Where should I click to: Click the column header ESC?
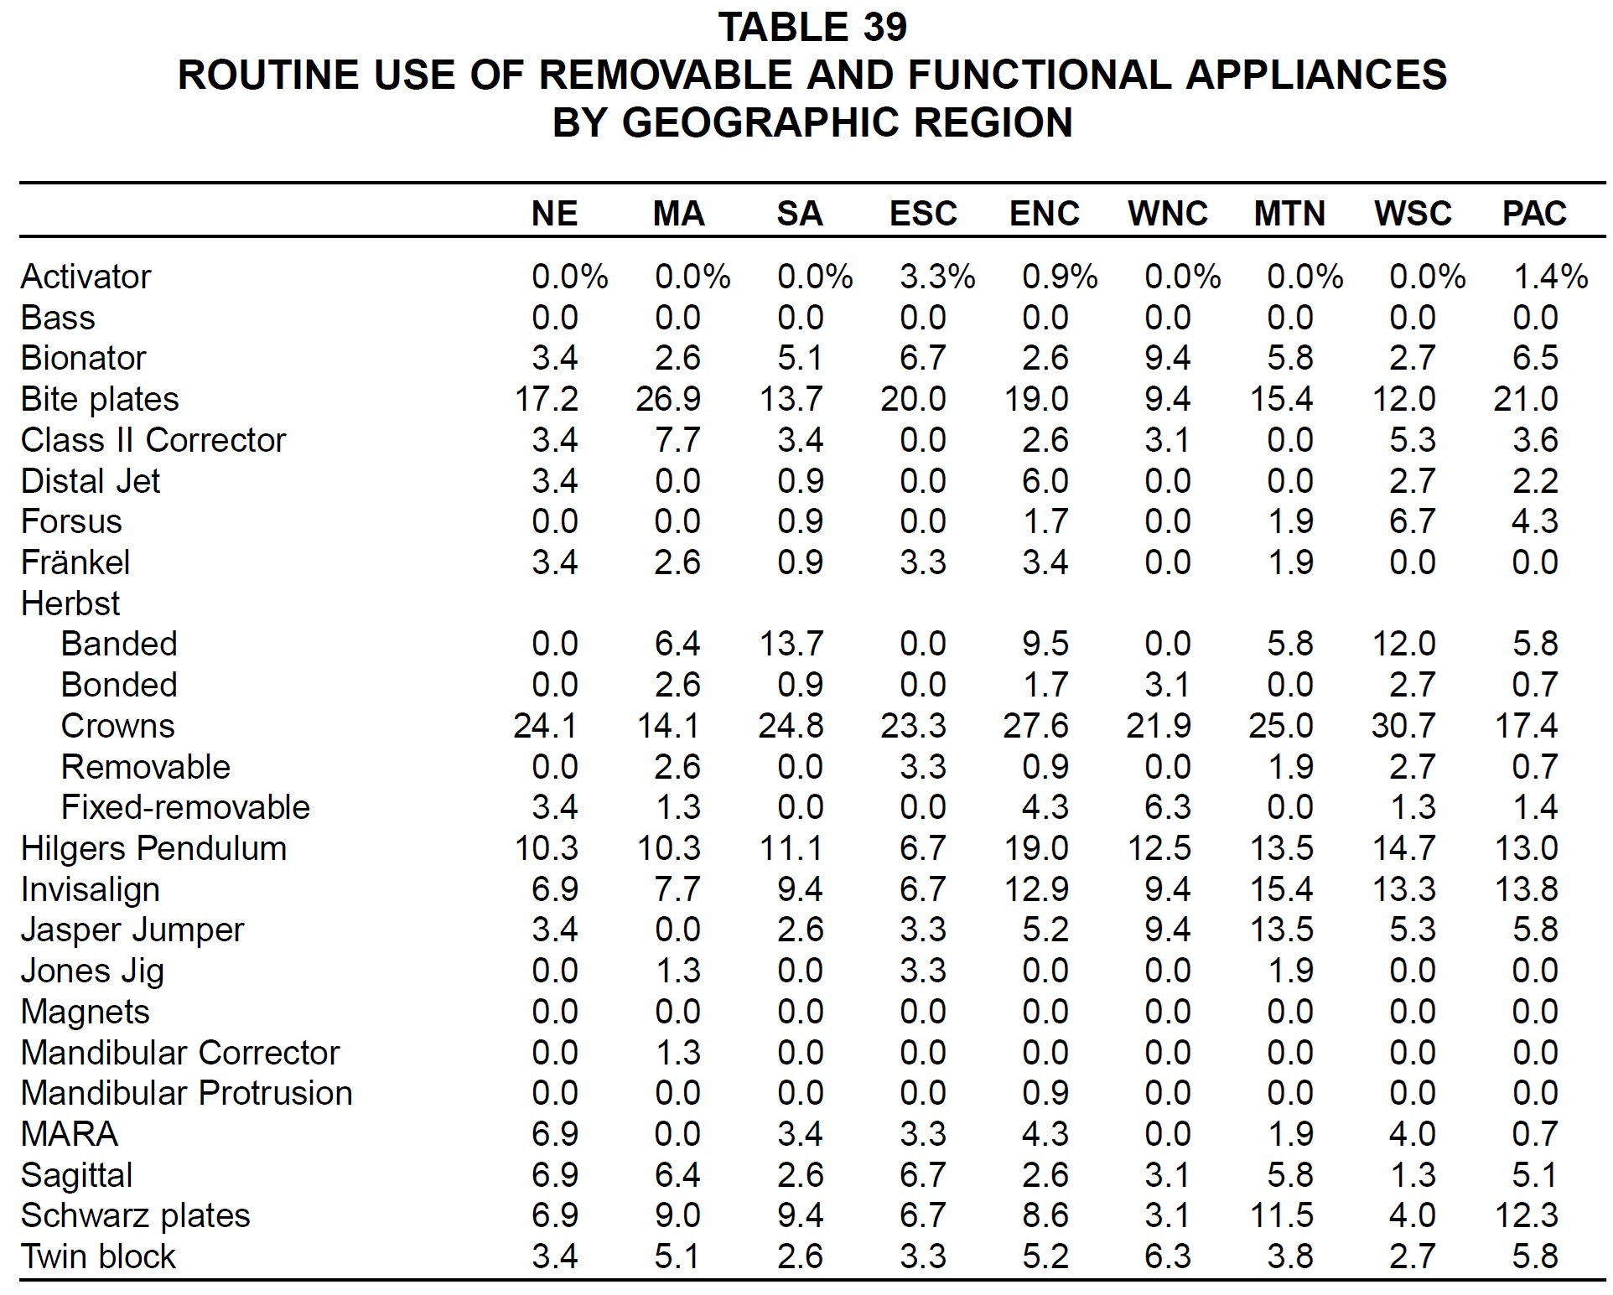(923, 214)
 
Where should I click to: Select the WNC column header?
(1168, 214)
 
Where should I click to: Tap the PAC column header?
(1534, 214)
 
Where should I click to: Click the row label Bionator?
(83, 358)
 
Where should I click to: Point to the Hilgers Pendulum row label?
(153, 848)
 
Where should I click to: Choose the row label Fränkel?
(75, 562)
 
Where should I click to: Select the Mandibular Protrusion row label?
(186, 1093)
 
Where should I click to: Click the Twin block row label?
(98, 1256)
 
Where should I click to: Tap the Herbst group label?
(70, 603)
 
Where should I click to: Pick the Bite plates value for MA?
(668, 399)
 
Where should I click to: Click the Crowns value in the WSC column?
(1404, 726)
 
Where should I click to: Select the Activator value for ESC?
(938, 277)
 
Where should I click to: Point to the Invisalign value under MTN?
(1282, 889)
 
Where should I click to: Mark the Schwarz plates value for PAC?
(1527, 1215)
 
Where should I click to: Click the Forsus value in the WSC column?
(1413, 521)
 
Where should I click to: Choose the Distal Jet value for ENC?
(1045, 481)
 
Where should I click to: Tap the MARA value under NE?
(555, 1134)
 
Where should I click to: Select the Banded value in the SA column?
(791, 644)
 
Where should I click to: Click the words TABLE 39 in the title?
(812, 27)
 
